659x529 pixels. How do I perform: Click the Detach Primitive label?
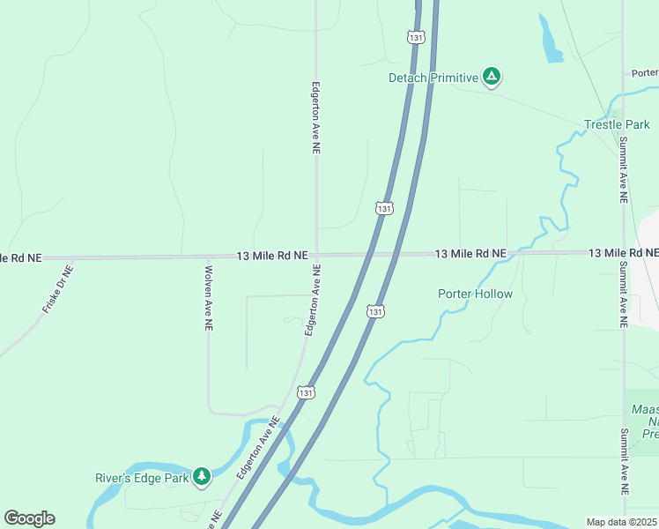pos(433,78)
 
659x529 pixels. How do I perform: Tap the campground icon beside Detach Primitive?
pos(492,78)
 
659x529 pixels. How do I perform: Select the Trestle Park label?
pos(617,124)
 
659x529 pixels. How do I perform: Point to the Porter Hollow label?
pos(475,294)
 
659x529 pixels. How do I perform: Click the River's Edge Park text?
pos(142,479)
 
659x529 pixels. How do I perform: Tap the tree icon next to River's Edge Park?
pos(203,477)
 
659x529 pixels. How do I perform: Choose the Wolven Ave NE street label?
pos(209,298)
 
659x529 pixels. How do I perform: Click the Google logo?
pos(29,518)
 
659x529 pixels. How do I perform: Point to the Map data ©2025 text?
pos(620,522)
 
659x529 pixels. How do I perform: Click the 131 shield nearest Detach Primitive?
pos(415,37)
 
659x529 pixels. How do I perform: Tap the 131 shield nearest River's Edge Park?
pos(305,391)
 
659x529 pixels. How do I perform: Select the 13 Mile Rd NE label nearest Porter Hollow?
pos(471,254)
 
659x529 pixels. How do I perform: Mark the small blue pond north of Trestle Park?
pos(551,41)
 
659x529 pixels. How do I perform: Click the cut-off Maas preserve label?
pos(646,421)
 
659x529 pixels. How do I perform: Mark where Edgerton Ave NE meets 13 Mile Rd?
pos(316,257)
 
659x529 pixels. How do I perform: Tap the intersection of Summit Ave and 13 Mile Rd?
pos(623,253)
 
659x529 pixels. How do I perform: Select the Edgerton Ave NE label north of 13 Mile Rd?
pos(315,119)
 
